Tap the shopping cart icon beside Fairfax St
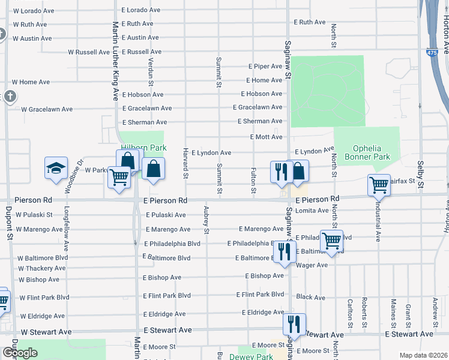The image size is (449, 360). tap(379, 185)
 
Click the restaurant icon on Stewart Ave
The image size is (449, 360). tap(294, 324)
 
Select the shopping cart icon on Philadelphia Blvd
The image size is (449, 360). tap(331, 241)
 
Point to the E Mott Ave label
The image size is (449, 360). tap(266, 137)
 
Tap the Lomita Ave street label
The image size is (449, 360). tap(312, 211)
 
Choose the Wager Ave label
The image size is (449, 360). tap(312, 265)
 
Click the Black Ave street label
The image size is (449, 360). tap(310, 297)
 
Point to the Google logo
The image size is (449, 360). tap(20, 353)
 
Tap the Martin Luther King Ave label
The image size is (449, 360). tap(116, 60)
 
